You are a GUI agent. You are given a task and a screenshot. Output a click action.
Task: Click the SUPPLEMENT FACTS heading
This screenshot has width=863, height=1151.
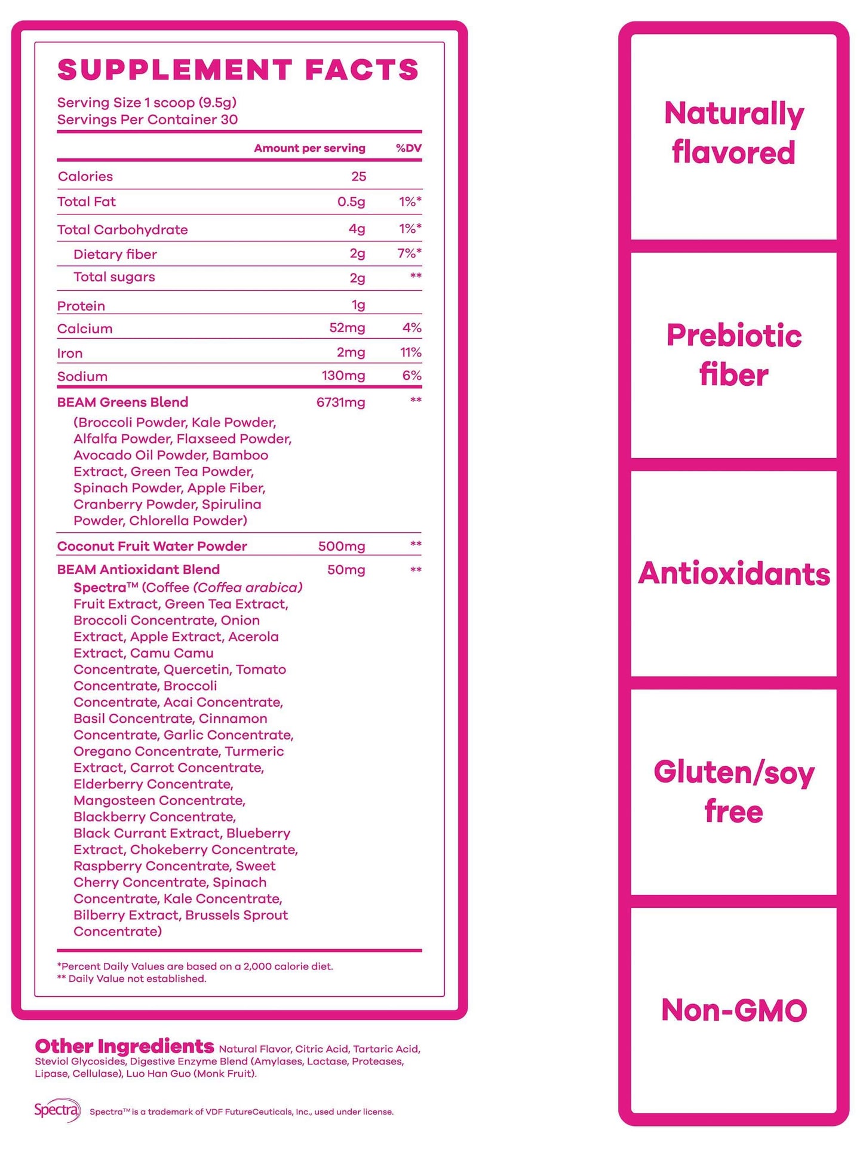point(238,70)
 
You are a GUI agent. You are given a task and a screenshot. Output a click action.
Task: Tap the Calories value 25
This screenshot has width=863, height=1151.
point(358,176)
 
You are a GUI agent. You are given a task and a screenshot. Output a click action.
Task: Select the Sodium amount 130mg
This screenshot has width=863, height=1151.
point(343,376)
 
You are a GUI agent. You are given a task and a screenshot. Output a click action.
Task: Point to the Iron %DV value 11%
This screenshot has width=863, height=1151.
point(411,352)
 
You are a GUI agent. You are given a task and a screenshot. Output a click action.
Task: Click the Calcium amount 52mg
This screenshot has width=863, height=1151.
point(347,328)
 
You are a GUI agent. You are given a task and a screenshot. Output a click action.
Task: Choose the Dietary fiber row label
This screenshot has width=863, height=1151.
point(115,254)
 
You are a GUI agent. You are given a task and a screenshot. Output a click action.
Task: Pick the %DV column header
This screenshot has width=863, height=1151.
point(409,148)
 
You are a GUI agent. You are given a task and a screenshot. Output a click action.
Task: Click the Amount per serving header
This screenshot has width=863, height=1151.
point(309,148)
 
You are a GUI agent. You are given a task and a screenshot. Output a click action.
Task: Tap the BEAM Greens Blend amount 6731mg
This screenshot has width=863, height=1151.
point(340,403)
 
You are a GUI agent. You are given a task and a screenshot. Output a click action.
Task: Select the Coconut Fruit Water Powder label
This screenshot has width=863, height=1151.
point(152,546)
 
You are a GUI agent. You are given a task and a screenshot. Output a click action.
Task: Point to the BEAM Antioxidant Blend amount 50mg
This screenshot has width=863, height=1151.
point(346,570)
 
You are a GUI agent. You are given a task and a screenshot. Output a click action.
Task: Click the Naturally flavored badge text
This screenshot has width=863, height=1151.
point(733,133)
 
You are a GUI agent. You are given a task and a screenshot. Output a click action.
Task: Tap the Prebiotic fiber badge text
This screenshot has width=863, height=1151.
point(733,355)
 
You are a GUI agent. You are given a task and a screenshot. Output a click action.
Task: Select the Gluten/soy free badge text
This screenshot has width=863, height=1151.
point(733,791)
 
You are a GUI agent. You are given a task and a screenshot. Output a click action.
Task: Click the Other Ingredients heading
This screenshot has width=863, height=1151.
point(124,1046)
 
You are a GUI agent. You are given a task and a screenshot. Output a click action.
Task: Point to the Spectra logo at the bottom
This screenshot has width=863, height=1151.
point(57,1110)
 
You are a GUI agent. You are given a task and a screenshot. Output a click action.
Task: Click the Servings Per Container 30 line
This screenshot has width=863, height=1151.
point(147,119)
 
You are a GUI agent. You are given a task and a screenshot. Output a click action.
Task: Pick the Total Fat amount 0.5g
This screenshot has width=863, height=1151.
point(351,202)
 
